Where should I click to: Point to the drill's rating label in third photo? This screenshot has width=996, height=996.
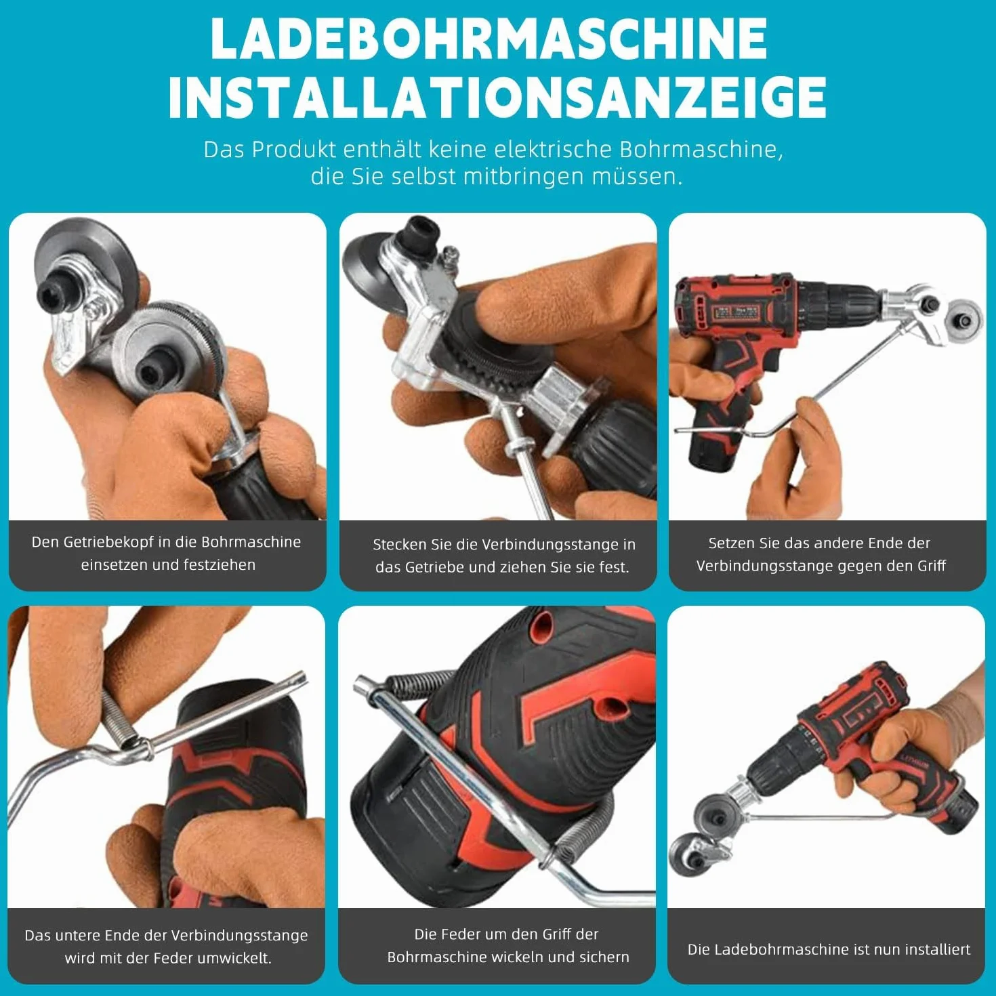tap(736, 312)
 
